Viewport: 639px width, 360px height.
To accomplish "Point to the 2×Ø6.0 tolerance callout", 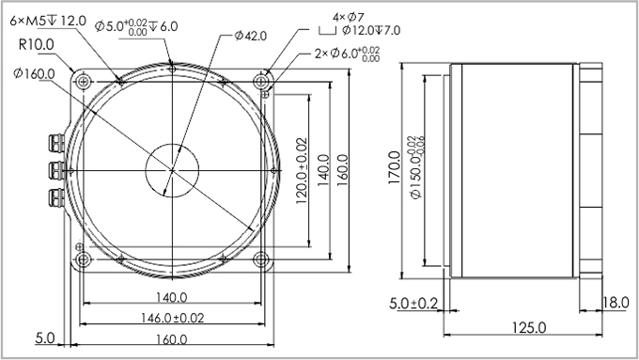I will [347, 54].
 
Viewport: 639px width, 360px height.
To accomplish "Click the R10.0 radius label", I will [36, 44].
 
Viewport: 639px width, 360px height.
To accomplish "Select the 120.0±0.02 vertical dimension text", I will [302, 170].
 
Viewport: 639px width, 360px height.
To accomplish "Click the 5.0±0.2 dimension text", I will [413, 303].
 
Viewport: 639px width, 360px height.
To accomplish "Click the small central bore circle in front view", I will [172, 170].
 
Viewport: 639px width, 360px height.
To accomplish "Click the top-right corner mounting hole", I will [265, 82].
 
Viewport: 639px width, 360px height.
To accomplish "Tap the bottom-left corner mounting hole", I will [83, 258].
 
